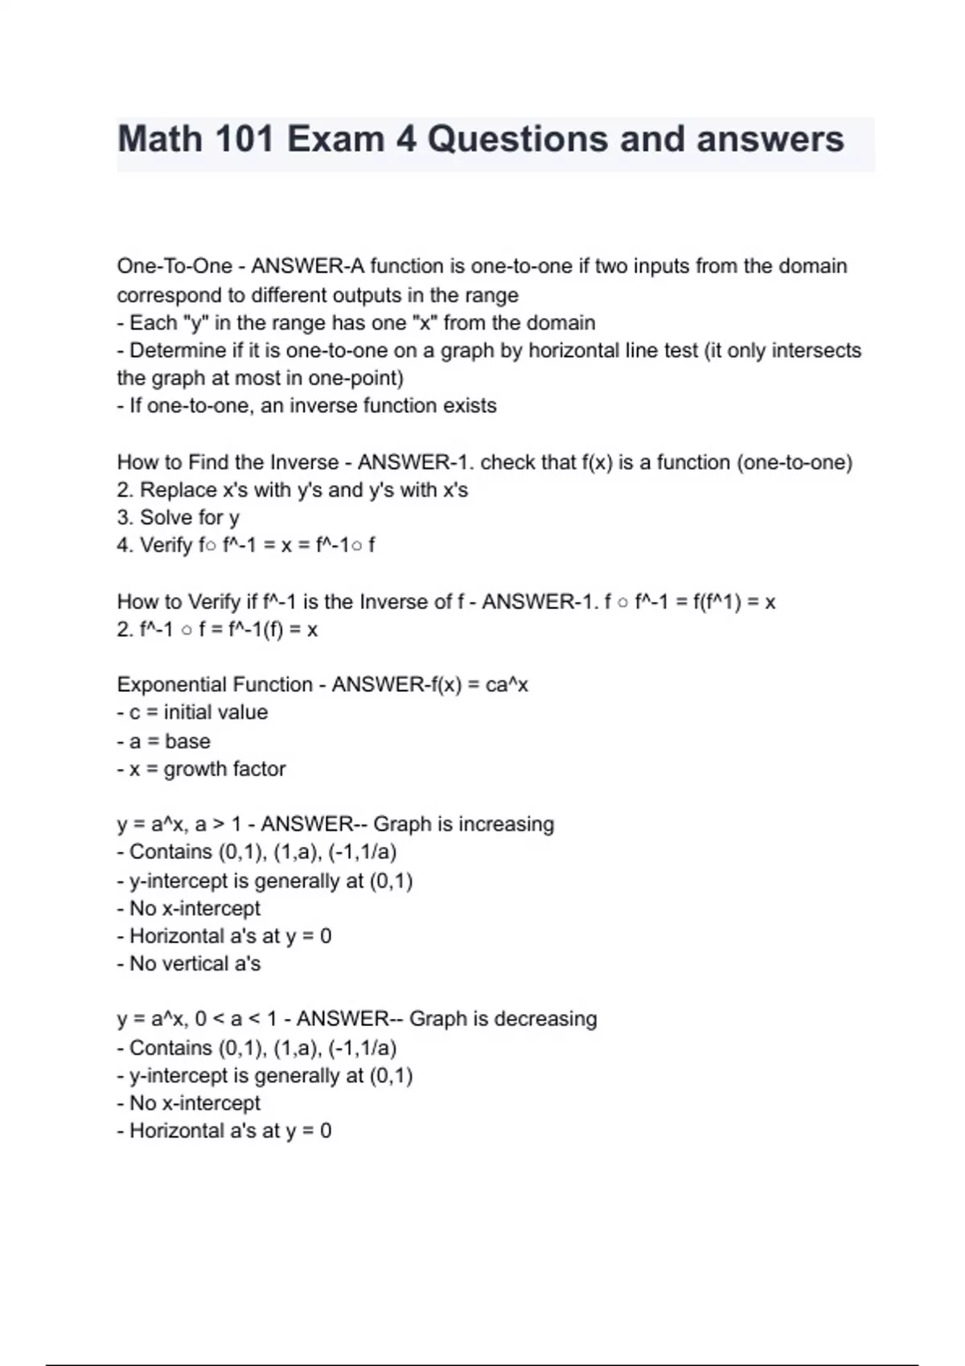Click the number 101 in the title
pyautogui.click(x=240, y=139)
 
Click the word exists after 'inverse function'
pyautogui.click(x=470, y=406)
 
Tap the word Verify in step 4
pyautogui.click(x=166, y=546)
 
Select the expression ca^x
pyautogui.click(x=507, y=685)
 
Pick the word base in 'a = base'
pyautogui.click(x=187, y=741)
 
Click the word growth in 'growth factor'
pyautogui.click(x=193, y=769)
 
